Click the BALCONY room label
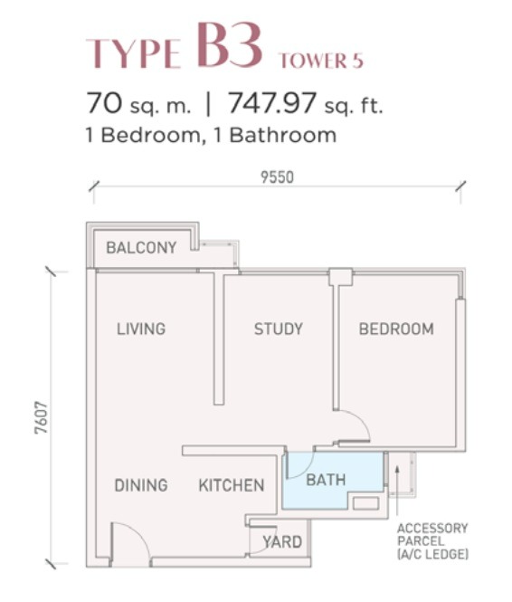(141, 248)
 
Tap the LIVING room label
(141, 329)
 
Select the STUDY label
(279, 329)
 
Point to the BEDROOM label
(396, 329)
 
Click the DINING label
(141, 485)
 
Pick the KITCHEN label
(232, 485)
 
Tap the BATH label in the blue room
(326, 480)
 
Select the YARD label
(282, 542)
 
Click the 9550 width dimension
(277, 177)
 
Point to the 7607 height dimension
(41, 417)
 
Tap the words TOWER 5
(321, 61)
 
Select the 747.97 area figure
(272, 103)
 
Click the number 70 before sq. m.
(104, 103)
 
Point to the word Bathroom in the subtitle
(283, 135)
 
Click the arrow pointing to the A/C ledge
(397, 490)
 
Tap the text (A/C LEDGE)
(432, 554)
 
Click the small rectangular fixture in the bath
(365, 503)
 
